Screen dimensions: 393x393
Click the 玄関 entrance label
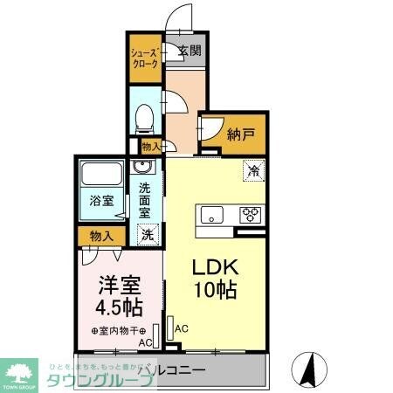coord(190,50)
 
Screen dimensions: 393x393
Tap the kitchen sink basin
coord(214,214)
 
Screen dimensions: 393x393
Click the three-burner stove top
coord(251,214)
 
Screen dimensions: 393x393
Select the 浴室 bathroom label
coord(102,200)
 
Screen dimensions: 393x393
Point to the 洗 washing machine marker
coord(148,234)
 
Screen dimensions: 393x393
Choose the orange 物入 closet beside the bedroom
coord(101,235)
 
